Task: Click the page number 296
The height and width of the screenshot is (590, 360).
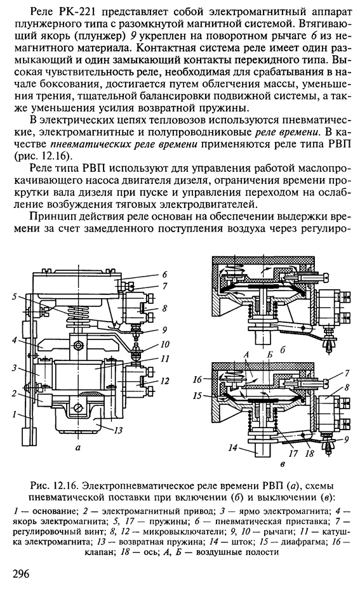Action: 21,575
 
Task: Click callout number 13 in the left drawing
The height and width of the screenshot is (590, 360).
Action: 119,429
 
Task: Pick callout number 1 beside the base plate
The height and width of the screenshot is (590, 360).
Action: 14,415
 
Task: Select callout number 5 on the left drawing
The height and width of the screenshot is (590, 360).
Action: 15,296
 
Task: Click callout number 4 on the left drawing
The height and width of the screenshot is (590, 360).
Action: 15,341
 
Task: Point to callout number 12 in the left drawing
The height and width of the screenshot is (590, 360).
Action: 164,381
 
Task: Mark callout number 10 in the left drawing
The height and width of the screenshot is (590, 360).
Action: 165,344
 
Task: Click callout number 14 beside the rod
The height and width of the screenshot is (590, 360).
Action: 233,448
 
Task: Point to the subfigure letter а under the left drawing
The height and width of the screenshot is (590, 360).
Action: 78,448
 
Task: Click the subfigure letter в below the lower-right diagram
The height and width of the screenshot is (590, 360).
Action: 283,464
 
